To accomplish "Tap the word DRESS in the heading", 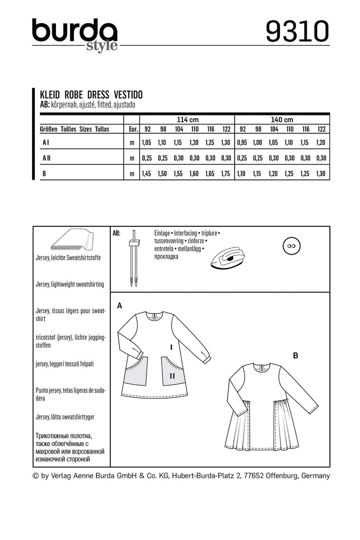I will (99, 95).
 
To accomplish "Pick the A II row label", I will (46, 157).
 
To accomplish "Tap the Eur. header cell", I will (132, 129).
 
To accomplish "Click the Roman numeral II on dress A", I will (172, 375).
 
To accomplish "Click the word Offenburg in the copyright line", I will (280, 476).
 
